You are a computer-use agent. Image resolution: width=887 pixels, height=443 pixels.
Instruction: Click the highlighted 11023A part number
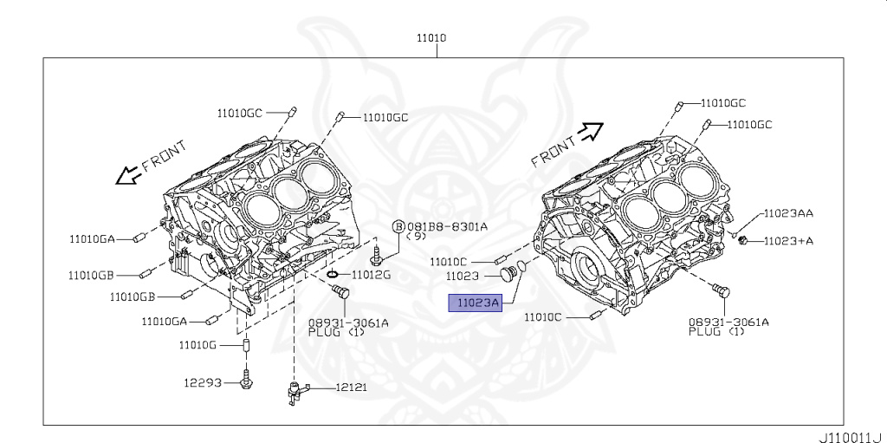click(x=473, y=303)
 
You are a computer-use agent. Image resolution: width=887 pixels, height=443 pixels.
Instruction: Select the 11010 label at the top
click(x=431, y=38)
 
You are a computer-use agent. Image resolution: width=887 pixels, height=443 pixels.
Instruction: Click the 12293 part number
click(x=203, y=381)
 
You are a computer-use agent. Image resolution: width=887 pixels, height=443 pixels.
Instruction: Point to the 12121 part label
click(x=351, y=388)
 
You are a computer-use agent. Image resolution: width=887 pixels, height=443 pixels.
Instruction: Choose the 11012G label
click(x=371, y=275)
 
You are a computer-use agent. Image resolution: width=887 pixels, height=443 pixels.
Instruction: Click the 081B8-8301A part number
click(x=447, y=226)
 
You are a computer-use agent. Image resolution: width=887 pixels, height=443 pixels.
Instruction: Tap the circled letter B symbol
click(x=398, y=226)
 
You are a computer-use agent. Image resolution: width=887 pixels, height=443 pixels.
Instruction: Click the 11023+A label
click(x=788, y=241)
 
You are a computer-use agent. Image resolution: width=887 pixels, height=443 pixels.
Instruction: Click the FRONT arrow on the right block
click(x=592, y=131)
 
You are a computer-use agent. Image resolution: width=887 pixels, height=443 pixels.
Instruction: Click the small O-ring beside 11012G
click(x=333, y=276)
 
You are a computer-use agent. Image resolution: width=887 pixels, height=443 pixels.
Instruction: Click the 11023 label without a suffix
click(x=463, y=277)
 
